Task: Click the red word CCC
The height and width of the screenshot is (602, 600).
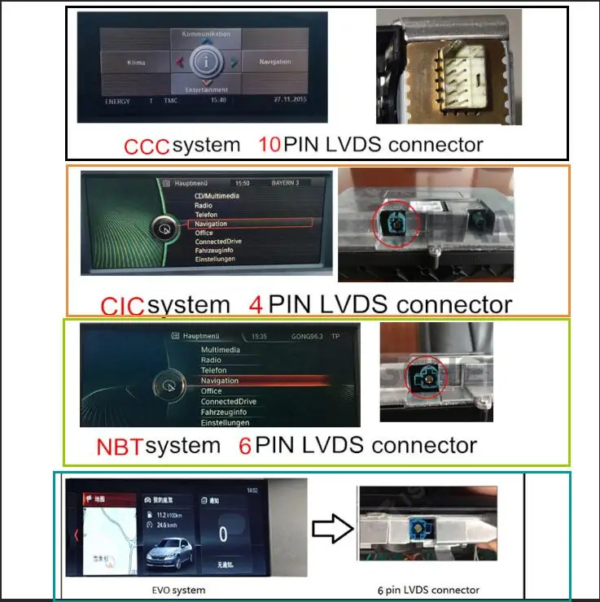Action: point(147,146)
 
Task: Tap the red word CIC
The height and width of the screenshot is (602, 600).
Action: point(122,306)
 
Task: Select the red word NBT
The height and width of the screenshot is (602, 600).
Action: point(119,447)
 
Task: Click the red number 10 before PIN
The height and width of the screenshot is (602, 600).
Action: point(269,145)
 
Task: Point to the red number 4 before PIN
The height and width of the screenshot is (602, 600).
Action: point(255,304)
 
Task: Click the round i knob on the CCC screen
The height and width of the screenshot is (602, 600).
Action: point(207,61)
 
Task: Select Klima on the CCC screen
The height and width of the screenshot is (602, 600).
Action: point(136,62)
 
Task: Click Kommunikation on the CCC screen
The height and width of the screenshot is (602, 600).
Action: point(207,34)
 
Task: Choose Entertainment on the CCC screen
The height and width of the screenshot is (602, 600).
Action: point(207,89)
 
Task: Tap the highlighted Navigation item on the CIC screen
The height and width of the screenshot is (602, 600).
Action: point(211,224)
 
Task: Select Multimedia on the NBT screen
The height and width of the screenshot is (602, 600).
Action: point(221,350)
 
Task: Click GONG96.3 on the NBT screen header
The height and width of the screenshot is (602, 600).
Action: point(306,335)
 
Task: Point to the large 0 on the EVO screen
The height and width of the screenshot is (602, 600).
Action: point(222,534)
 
